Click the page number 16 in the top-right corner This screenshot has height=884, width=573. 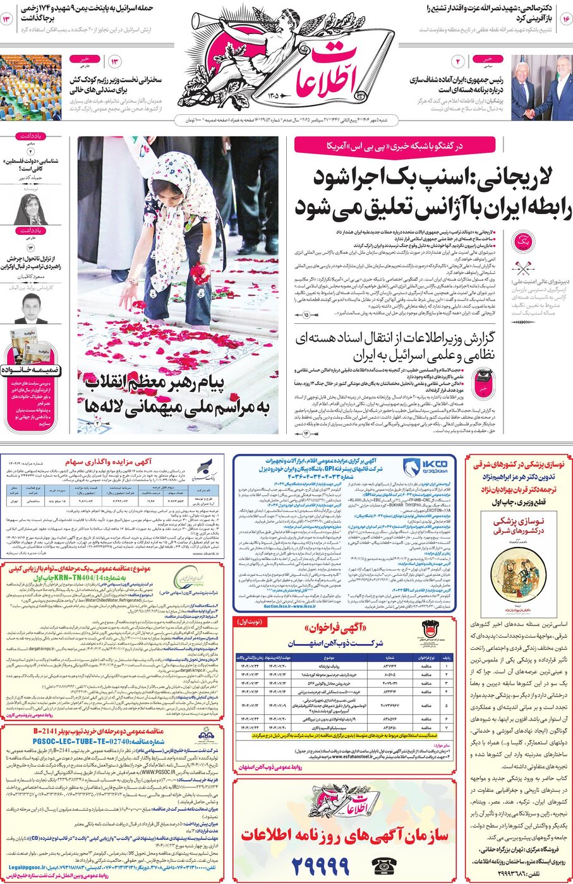564,20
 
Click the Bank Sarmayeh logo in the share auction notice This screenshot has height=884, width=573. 207,469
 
